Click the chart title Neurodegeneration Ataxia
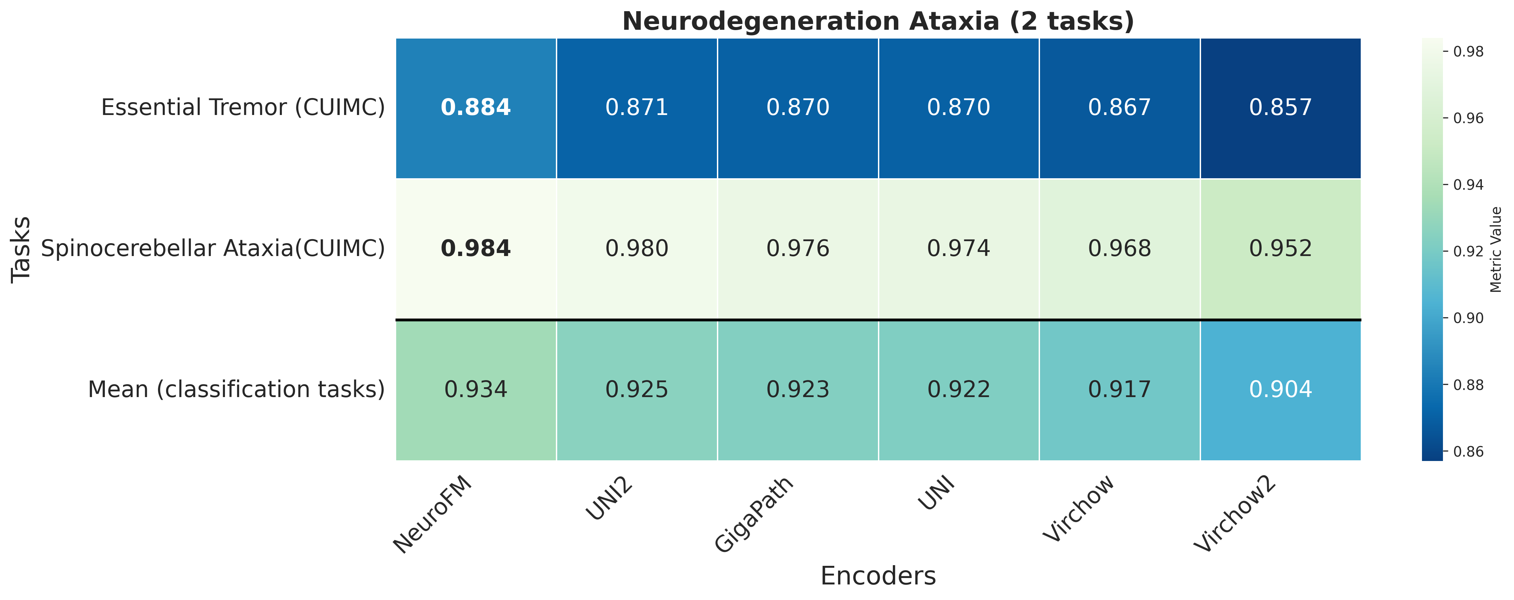878,21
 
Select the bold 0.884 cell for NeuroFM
475,108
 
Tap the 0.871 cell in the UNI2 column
636,108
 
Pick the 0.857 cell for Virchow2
1280,108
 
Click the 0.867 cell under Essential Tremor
1119,108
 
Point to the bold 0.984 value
475,249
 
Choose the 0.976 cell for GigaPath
797,249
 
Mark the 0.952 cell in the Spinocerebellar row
1280,249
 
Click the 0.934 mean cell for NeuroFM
475,390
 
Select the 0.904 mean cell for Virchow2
1280,390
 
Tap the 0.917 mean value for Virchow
1119,390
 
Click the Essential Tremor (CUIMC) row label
243,108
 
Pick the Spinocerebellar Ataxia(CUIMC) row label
213,249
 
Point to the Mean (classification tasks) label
236,390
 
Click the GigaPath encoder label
754,514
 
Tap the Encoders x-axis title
878,576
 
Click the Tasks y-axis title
21,249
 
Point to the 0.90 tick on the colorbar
1468,318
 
